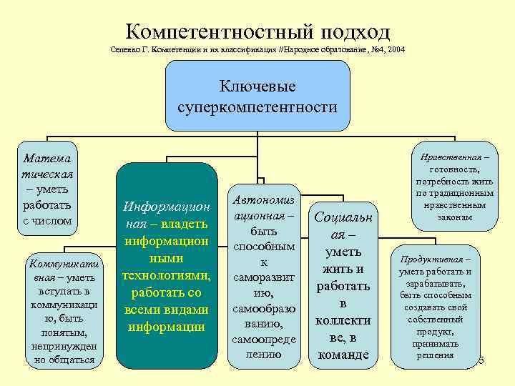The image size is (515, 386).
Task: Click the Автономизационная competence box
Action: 263,276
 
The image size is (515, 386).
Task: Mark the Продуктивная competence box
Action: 435,306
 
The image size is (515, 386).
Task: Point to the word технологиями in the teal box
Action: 167,275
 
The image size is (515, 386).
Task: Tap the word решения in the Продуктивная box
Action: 435,355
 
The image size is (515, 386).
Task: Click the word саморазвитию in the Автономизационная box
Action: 263,285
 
